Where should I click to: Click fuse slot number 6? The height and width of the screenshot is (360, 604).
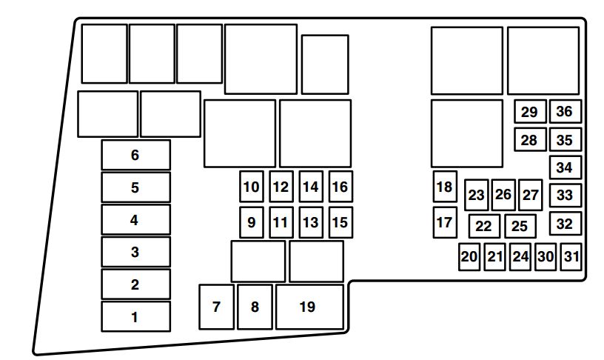tap(135, 155)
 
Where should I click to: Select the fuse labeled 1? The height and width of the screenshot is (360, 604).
tap(135, 317)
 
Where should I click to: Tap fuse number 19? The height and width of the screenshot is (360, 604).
tap(309, 307)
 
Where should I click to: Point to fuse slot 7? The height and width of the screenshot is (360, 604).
tap(216, 307)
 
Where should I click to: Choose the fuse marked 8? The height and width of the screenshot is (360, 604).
tap(255, 307)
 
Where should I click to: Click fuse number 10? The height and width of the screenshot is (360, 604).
tap(252, 187)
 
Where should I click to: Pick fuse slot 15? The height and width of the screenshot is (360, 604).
tap(340, 222)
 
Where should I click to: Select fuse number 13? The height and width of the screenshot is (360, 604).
tap(311, 222)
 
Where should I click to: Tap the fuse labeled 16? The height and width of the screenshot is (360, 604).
tap(340, 187)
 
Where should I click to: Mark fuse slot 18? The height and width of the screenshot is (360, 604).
tap(445, 187)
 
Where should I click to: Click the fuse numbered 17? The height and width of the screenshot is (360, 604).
tap(445, 222)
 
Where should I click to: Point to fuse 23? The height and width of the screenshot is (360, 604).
tap(477, 195)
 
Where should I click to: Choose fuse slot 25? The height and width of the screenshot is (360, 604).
tap(520, 226)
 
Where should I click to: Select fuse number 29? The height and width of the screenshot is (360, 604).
tap(530, 112)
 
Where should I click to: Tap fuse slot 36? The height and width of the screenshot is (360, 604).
tap(565, 112)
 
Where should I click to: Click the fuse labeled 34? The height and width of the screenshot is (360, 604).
tap(565, 167)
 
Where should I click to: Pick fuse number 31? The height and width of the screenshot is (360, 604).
tap(571, 257)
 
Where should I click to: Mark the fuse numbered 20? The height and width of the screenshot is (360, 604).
tap(469, 257)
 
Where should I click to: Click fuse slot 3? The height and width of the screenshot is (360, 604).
tap(135, 252)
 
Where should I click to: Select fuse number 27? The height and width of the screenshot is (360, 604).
tap(531, 195)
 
